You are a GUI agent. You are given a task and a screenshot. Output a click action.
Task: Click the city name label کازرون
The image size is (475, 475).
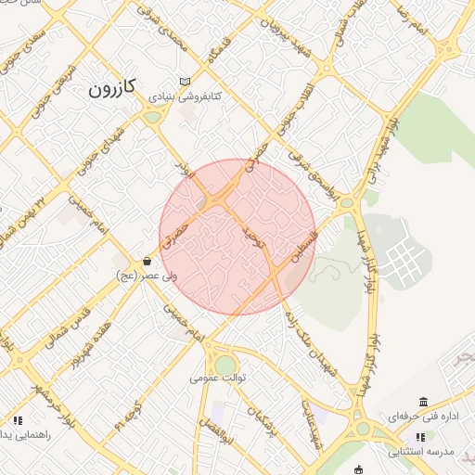click(x=112, y=89)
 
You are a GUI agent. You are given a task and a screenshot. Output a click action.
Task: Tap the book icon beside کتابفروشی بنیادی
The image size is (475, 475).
click(x=186, y=82)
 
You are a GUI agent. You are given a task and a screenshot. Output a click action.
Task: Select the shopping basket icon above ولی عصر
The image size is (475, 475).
click(x=148, y=262)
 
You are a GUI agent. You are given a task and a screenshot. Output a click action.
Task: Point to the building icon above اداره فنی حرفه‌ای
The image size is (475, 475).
click(x=423, y=402)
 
